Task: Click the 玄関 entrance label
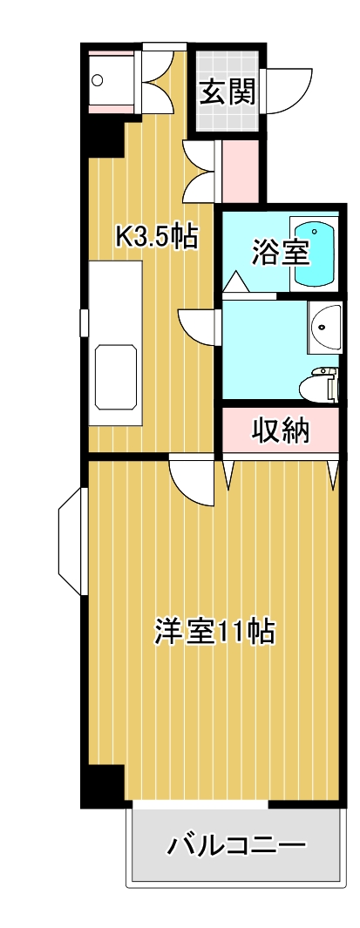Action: tap(228, 92)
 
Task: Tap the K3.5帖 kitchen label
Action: tap(157, 236)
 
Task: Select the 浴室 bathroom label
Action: tap(280, 252)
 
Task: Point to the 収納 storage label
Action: tap(281, 430)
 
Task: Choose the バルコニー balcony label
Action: tap(236, 844)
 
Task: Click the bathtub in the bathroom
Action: tap(315, 253)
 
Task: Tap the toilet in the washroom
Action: tap(318, 383)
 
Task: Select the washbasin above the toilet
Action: tap(324, 328)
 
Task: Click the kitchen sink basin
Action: tap(115, 375)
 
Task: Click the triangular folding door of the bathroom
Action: tap(234, 281)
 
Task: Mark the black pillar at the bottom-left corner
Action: tap(103, 786)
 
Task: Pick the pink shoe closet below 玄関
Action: tap(241, 170)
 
